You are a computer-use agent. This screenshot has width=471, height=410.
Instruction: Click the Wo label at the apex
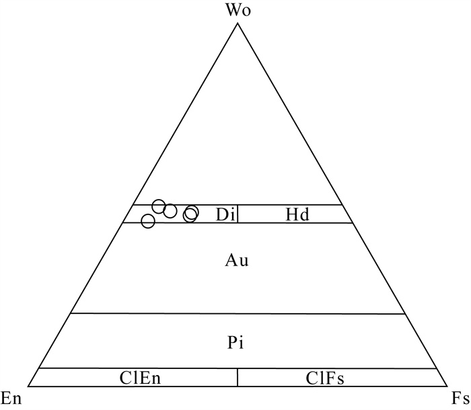(238, 10)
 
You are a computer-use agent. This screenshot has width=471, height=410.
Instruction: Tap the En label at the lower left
(11, 399)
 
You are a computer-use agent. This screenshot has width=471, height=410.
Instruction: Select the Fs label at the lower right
(460, 399)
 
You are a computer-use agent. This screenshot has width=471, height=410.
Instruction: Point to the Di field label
(225, 214)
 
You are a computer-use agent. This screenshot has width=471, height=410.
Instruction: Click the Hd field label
(297, 214)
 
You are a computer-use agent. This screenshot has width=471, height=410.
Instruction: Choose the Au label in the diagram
(237, 261)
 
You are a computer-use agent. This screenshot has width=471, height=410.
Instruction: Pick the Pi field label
(235, 343)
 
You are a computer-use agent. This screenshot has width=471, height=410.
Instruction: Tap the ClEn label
(140, 378)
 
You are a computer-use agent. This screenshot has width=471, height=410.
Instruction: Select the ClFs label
(325, 378)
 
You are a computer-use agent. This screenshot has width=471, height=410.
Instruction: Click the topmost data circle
(159, 206)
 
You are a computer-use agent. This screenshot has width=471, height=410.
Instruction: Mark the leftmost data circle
(148, 221)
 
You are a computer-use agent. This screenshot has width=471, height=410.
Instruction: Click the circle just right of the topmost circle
(170, 211)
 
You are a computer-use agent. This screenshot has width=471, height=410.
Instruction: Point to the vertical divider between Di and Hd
(238, 214)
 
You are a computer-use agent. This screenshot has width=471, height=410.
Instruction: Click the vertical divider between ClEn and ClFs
(238, 378)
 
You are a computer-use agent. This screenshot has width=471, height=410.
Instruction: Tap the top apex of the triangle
(238, 24)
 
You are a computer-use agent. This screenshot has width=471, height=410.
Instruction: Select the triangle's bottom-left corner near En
(28, 386)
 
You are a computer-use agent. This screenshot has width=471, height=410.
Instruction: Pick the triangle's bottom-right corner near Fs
(447, 386)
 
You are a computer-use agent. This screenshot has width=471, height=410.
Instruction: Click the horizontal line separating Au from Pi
(238, 314)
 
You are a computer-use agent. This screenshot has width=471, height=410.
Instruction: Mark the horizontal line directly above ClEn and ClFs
(238, 368)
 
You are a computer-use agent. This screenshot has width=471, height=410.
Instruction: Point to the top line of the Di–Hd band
(238, 205)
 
